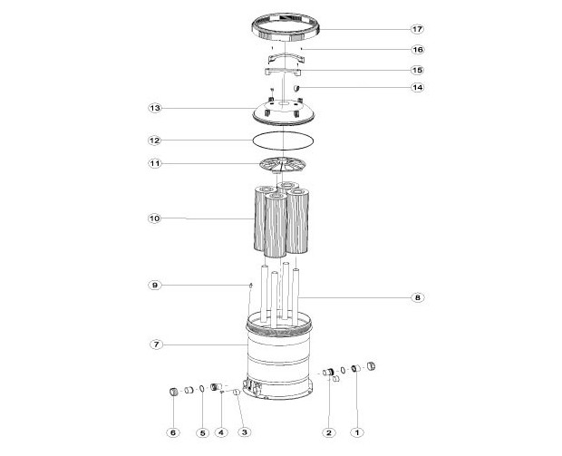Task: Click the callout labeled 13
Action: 155,108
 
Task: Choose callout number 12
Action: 155,141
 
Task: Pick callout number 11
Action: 155,164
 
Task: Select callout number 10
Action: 155,218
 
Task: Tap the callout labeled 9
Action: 155,285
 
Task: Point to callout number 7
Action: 155,344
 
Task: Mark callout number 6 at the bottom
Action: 173,432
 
